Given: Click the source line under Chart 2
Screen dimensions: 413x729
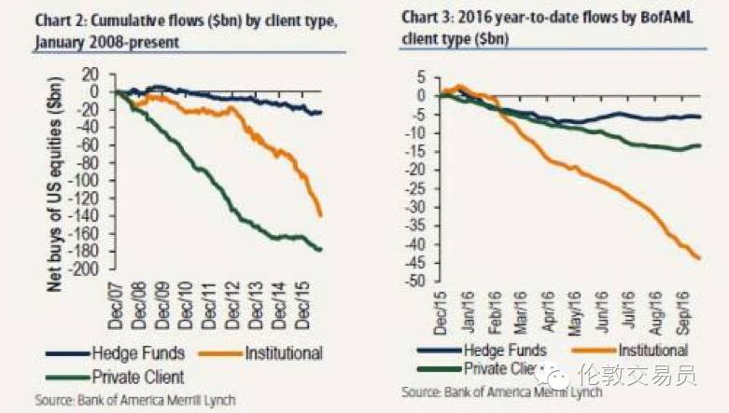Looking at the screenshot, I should [135, 400].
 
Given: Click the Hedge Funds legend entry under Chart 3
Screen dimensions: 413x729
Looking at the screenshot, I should [498, 350].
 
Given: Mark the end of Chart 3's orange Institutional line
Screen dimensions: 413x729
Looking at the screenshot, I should [700, 258].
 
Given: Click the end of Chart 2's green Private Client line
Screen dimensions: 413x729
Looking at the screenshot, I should [322, 250].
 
